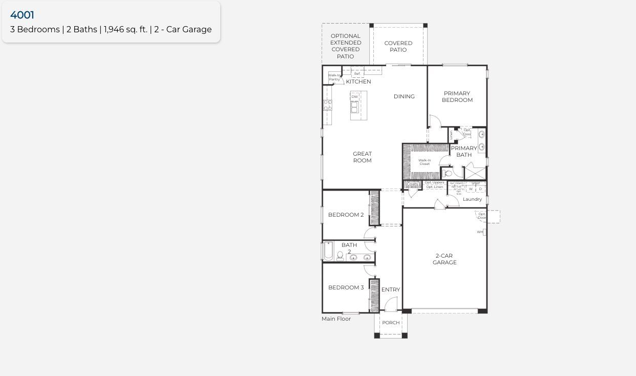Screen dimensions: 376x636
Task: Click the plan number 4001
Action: click(22, 15)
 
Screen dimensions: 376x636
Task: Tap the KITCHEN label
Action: click(358, 81)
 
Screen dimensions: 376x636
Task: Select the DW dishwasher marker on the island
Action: click(354, 97)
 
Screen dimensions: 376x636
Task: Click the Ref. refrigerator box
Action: click(357, 74)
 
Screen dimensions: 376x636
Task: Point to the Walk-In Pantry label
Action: click(334, 77)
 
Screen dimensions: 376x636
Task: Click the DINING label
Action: click(404, 96)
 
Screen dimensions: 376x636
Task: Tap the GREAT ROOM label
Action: click(362, 157)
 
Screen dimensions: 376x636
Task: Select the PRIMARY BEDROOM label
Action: click(457, 97)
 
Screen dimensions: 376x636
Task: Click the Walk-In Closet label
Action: click(425, 162)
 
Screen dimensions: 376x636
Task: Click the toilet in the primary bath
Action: click(448, 173)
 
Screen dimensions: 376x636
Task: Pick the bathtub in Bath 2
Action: click(328, 251)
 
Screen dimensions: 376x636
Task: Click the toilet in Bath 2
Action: click(340, 255)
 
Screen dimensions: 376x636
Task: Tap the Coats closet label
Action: click(412, 184)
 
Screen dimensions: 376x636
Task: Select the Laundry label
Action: click(472, 199)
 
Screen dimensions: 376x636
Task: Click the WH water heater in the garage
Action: click(480, 232)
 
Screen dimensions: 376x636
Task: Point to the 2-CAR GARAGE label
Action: click(444, 259)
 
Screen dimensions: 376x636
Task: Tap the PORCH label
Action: click(391, 323)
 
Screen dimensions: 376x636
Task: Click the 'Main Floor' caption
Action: click(336, 319)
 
